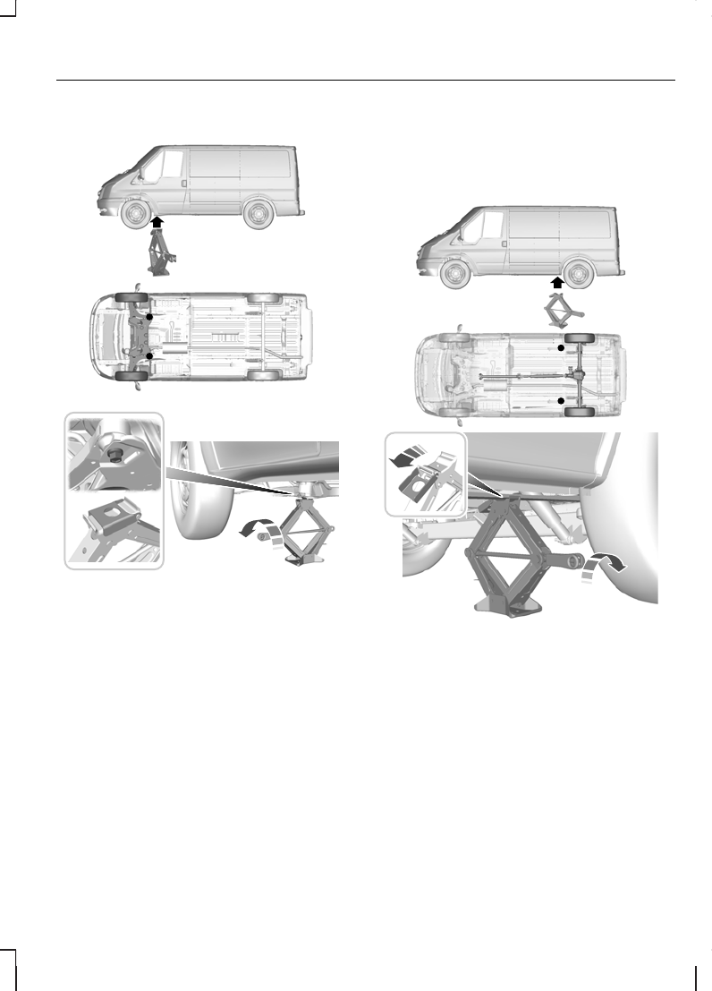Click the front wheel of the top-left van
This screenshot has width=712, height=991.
coord(135,215)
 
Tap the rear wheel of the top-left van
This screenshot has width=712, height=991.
coord(259,215)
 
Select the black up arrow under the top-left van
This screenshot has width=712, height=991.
coord(157,223)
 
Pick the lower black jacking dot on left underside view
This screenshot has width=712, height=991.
coord(150,356)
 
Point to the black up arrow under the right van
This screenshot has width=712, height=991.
coord(557,282)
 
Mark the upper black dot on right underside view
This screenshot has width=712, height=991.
coord(562,346)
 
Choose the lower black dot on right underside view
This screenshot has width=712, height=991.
coord(562,401)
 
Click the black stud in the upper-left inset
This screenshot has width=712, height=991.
coord(114,454)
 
